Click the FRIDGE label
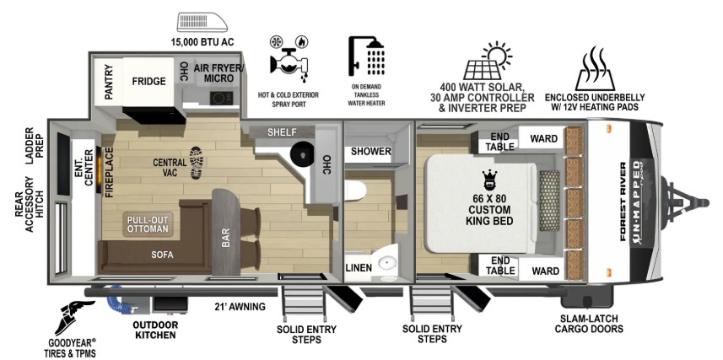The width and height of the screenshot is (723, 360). coord(148,81)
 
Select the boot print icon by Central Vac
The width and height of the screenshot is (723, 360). coord(197,162)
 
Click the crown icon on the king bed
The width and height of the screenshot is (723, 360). coord(488,179)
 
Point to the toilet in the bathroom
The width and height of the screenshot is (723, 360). coord(355,191)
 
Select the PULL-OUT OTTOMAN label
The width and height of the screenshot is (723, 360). coord(148,224)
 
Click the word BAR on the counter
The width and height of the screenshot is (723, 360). coord(226,239)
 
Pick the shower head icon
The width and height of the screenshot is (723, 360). coord(367,56)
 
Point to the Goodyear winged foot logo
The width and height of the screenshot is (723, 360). coord(73,317)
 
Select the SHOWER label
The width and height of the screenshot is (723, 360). coord(371,151)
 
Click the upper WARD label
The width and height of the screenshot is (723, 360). coord(543,138)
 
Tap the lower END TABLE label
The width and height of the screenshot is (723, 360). coord(500,266)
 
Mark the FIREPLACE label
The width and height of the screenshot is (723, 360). coord(110,172)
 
